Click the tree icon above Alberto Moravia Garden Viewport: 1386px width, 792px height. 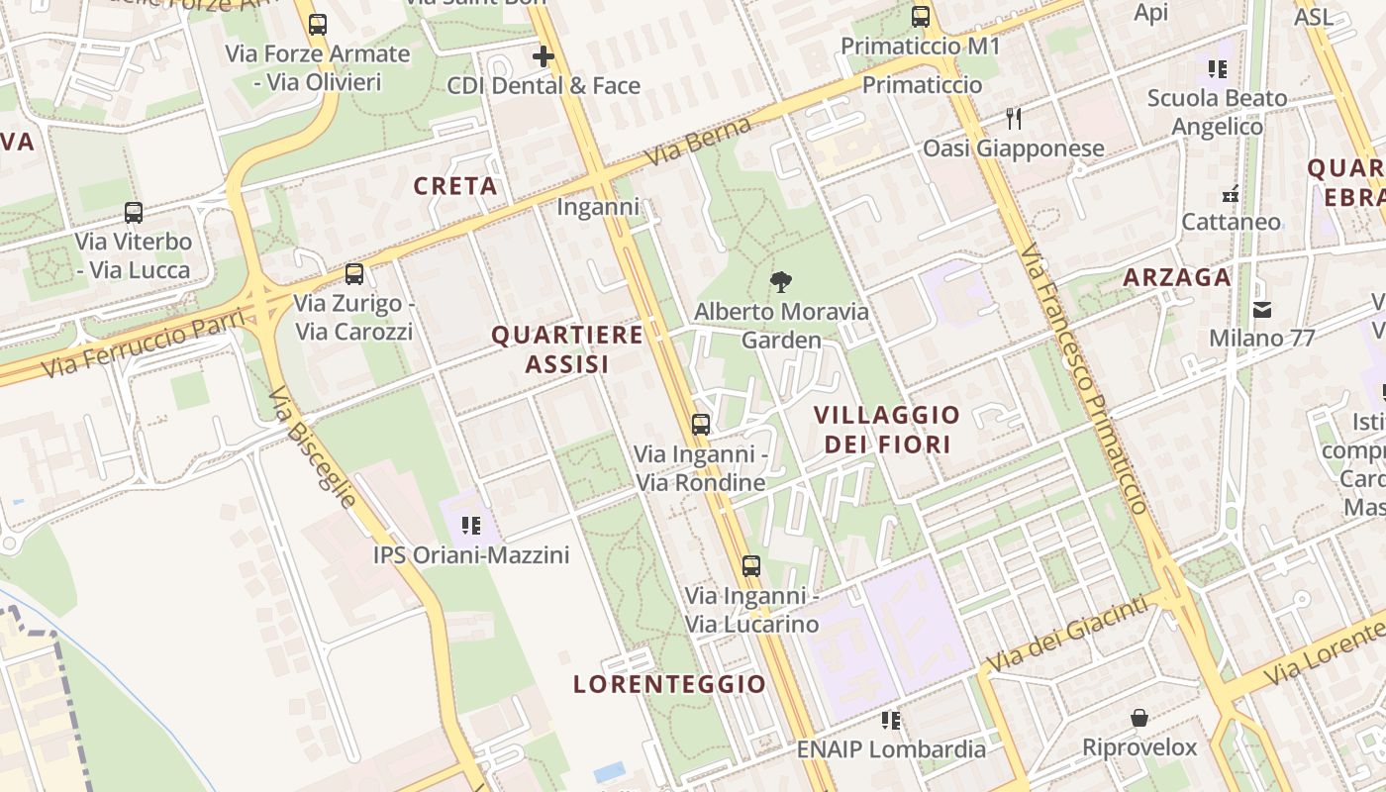[781, 282]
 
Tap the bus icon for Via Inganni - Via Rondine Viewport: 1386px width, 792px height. [701, 425]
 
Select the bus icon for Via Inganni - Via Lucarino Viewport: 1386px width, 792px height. [751, 566]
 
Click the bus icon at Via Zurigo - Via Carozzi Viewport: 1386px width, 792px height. [353, 274]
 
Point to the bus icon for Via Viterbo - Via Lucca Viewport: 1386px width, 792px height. [134, 212]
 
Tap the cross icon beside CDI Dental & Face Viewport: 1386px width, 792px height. [543, 56]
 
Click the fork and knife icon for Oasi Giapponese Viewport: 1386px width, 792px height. [1013, 119]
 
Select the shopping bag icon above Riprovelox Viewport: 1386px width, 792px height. [1139, 717]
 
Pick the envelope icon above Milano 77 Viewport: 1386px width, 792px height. [1262, 309]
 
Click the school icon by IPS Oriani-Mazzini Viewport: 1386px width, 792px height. [471, 525]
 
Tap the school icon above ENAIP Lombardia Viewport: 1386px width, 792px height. [891, 720]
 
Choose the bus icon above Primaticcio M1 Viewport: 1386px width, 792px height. [921, 16]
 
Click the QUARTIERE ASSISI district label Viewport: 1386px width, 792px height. [567, 349]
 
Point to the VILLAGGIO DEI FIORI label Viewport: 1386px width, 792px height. [887, 429]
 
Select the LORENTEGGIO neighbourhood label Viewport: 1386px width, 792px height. [670, 684]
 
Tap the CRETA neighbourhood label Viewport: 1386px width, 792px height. [455, 186]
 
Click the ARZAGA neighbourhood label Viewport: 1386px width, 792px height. [1177, 277]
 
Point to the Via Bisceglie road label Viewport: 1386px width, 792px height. [312, 446]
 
